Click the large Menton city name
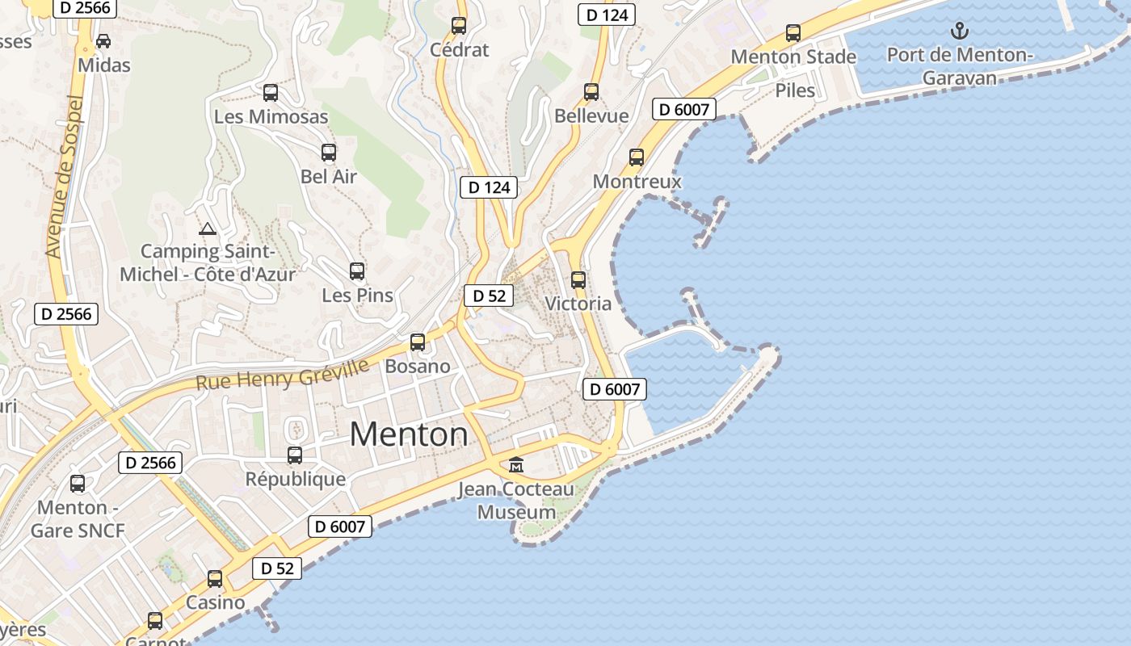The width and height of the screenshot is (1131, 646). coord(409,434)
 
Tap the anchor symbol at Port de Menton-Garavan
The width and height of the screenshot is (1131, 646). coord(959,31)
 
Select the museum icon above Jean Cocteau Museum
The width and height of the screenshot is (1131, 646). coord(516,464)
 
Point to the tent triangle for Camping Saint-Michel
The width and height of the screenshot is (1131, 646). coord(208,229)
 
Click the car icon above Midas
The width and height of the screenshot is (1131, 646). coord(103,40)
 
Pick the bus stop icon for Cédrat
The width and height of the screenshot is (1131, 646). coord(459,25)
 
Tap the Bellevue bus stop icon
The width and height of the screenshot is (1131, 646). coord(591,92)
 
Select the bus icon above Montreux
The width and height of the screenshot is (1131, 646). coord(637,157)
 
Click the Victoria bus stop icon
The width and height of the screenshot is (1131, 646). coord(578,280)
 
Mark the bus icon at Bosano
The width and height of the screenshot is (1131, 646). coord(418,342)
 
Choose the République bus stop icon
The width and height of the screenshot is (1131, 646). coord(295,455)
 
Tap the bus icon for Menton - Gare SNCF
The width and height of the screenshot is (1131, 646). coord(78,484)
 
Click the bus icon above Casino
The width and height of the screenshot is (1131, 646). coord(215,579)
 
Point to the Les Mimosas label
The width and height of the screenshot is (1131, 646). coord(271,116)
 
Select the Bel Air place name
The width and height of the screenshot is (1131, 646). coord(329,176)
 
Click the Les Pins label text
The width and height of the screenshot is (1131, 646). coord(357,295)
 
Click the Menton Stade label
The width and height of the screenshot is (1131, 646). coord(793,57)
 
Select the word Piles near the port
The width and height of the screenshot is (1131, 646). coord(795,90)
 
